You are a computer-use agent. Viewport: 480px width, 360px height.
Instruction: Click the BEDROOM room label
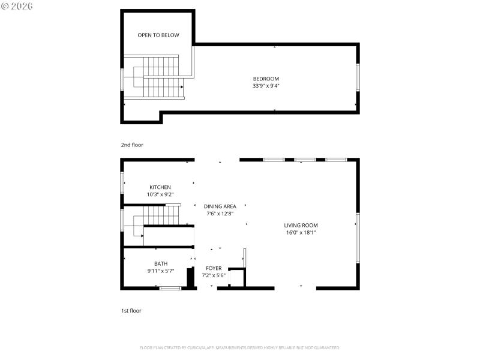[266, 79]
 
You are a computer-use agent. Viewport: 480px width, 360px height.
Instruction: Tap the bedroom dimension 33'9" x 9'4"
[266, 86]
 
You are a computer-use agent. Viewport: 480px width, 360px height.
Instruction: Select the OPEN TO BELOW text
[158, 35]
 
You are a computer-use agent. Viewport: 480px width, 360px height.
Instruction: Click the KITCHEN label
[160, 187]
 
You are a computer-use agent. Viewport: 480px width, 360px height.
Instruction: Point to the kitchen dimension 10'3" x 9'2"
[160, 194]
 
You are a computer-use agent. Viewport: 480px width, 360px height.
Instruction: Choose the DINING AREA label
[220, 206]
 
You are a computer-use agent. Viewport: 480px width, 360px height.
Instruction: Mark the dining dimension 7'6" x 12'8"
[220, 214]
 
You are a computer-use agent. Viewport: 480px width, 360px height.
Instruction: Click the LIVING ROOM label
[301, 226]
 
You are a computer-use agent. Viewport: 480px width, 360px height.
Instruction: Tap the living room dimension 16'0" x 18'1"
[301, 233]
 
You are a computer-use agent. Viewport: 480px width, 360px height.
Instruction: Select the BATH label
[161, 263]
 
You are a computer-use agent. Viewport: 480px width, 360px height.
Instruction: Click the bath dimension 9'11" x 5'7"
[161, 271]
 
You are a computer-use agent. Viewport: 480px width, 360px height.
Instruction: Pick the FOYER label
[214, 268]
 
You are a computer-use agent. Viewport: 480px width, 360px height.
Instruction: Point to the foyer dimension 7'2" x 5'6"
[214, 276]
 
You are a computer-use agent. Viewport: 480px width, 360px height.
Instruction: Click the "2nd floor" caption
[132, 145]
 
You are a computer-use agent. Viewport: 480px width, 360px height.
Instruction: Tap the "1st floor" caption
[131, 311]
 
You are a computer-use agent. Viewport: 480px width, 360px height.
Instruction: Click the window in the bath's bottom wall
[170, 289]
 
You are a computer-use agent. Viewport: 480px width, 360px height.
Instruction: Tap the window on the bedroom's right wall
[358, 77]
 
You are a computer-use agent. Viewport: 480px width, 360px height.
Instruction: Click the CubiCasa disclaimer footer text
[240, 348]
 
